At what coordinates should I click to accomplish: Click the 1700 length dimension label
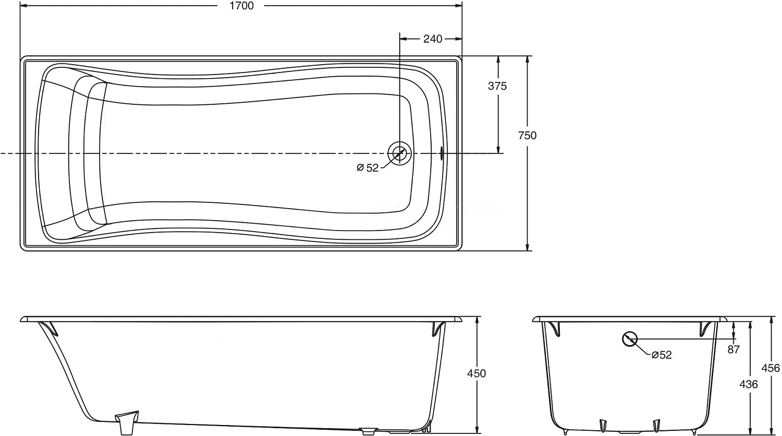(241, 6)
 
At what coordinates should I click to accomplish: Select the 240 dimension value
(433, 39)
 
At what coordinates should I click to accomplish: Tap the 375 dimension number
(497, 87)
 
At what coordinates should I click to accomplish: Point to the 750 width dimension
(527, 136)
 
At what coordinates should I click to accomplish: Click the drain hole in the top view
(399, 153)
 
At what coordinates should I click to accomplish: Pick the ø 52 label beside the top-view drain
(368, 168)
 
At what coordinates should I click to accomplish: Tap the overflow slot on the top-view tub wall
(442, 153)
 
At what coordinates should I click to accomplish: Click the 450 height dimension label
(476, 373)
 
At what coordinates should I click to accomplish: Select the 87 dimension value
(734, 350)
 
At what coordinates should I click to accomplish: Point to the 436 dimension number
(749, 384)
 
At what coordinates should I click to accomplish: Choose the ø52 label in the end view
(661, 355)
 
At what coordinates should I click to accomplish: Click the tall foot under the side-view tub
(126, 423)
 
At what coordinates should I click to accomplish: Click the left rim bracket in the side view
(51, 329)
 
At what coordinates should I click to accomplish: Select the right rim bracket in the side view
(438, 329)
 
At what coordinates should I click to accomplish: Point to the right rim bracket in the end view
(706, 329)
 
